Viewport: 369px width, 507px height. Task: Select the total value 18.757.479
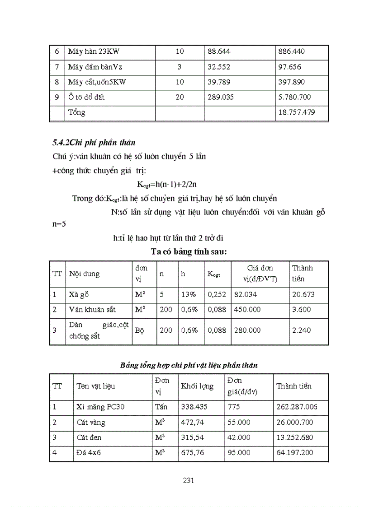point(302,112)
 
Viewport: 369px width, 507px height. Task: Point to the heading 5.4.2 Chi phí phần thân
point(94,144)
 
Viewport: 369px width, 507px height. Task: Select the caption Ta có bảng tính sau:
point(189,252)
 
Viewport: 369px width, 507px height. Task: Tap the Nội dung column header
point(84,274)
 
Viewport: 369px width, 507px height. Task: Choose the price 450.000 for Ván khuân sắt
point(247,310)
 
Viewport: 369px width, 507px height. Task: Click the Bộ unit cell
point(139,330)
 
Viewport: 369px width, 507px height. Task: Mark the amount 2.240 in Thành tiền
point(302,330)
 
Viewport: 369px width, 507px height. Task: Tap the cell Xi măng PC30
point(100,407)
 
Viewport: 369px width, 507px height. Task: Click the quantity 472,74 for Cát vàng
point(194,423)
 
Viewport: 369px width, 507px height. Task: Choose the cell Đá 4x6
point(89,453)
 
